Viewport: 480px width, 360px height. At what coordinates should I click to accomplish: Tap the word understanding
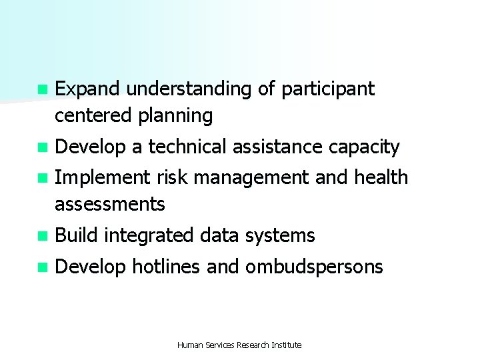190,89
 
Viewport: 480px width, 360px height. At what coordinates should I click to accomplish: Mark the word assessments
110,205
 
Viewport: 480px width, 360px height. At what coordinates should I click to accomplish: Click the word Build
77,235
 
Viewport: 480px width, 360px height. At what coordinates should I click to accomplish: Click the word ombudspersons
314,268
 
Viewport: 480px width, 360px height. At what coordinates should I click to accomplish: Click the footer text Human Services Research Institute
239,345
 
